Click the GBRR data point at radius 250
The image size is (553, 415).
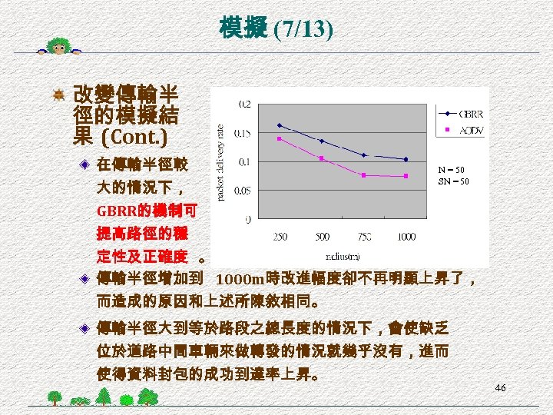click(x=280, y=125)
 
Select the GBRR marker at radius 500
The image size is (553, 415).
click(x=322, y=141)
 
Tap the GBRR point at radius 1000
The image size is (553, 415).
click(x=406, y=159)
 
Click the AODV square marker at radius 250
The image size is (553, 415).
click(x=280, y=139)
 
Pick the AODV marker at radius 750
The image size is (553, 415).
click(x=364, y=175)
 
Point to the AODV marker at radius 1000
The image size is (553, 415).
click(x=406, y=176)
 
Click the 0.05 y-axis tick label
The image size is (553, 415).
click(x=240, y=190)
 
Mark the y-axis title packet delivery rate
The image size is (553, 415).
click(x=222, y=163)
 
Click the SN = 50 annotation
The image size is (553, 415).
click(x=451, y=181)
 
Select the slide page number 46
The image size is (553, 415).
click(x=500, y=389)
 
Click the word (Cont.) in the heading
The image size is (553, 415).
click(x=137, y=138)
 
